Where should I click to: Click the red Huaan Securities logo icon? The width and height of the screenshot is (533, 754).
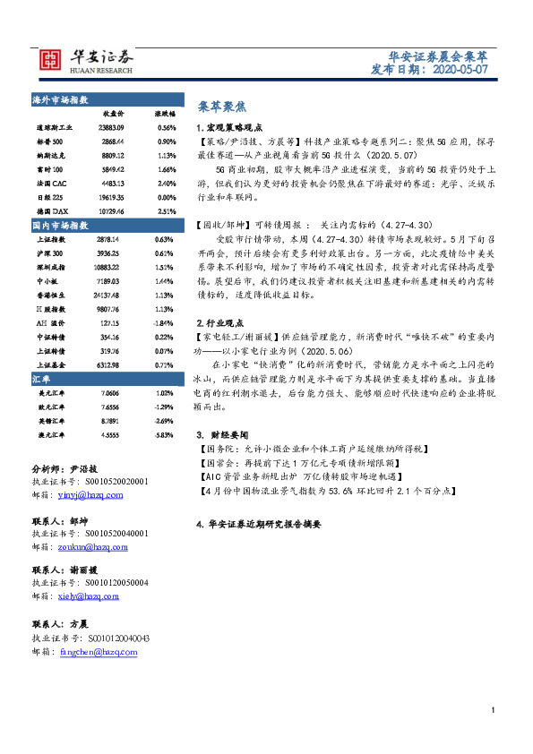[55, 60]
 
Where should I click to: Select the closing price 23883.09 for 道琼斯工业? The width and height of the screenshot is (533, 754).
[113, 128]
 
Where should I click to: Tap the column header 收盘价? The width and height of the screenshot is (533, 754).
[114, 115]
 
